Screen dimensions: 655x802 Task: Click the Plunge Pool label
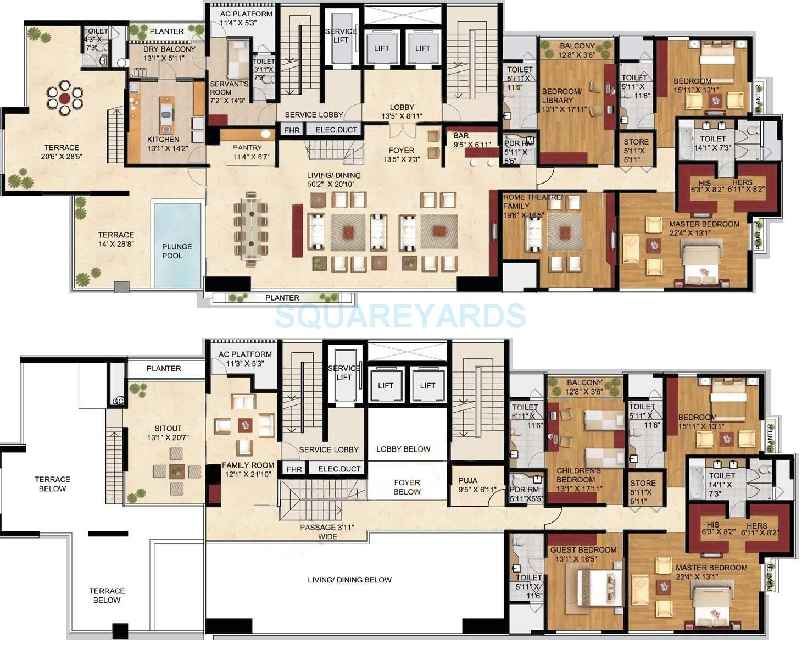pos(177,251)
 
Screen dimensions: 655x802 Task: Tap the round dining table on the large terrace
pos(65,98)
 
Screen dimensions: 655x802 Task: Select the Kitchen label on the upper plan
pos(163,140)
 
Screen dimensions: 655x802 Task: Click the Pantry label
pos(247,147)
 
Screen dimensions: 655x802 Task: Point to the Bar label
pos(461,136)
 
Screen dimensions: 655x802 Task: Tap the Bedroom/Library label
pos(561,96)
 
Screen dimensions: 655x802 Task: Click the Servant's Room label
pos(229,88)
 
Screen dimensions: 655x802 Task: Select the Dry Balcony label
pos(161,49)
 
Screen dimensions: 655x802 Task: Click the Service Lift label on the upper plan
pos(341,35)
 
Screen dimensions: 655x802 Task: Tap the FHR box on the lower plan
pos(294,469)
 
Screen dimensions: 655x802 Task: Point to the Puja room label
pos(467,480)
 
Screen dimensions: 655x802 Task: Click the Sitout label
pos(168,428)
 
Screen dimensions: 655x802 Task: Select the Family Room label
pos(248,465)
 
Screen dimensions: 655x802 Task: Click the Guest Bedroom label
pos(583,549)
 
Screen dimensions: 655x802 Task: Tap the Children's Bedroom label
pos(575,475)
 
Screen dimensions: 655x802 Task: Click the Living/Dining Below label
pos(349,580)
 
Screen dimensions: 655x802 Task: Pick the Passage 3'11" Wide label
pos(327,531)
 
